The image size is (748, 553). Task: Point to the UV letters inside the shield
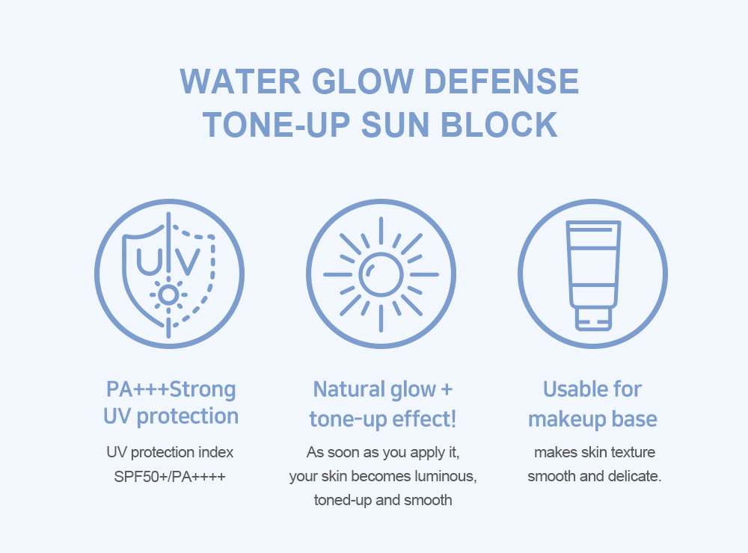(168, 259)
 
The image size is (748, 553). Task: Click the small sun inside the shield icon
(168, 295)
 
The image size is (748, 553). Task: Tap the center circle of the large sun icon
(381, 274)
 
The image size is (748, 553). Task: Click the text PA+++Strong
(171, 389)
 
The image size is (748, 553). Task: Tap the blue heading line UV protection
(171, 416)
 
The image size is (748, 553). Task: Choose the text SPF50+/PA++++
(170, 476)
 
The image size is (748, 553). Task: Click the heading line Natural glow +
(382, 389)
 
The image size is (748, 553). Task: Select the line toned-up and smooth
(382, 500)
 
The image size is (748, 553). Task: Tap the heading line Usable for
(592, 389)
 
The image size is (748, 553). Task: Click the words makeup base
(592, 418)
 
